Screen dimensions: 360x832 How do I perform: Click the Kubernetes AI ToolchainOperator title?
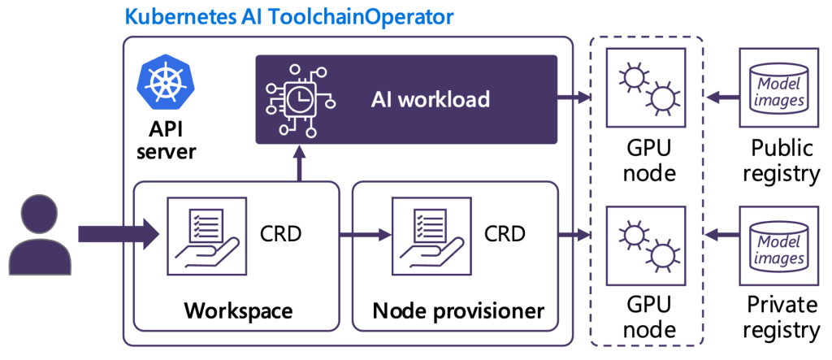pyautogui.click(x=288, y=16)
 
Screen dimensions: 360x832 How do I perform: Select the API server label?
pyautogui.click(x=167, y=141)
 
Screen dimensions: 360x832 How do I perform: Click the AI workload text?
pyautogui.click(x=430, y=99)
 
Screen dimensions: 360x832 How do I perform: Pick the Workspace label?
pyautogui.click(x=237, y=310)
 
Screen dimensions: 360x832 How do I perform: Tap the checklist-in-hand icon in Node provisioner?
pyautogui.click(x=420, y=236)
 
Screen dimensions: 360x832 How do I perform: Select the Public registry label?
pyautogui.click(x=782, y=161)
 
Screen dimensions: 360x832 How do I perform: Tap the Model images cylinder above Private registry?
pyautogui.click(x=781, y=245)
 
